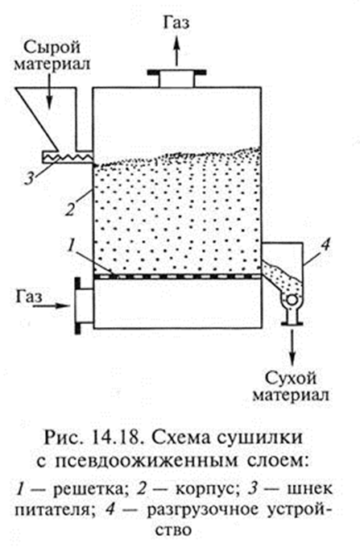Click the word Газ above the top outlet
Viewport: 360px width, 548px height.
(x=176, y=23)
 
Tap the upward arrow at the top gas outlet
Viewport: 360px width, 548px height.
(x=176, y=51)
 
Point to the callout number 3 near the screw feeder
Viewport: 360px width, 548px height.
(x=29, y=179)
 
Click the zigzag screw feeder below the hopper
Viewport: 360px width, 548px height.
(x=67, y=157)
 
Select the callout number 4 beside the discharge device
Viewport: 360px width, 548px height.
(x=325, y=245)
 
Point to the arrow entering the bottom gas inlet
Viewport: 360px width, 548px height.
(x=52, y=305)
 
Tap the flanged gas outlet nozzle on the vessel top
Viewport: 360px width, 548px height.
(x=176, y=78)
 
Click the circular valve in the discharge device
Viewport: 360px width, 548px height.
(x=292, y=300)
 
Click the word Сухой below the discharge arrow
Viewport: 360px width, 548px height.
(x=291, y=379)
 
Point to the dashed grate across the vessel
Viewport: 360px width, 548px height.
(x=177, y=276)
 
